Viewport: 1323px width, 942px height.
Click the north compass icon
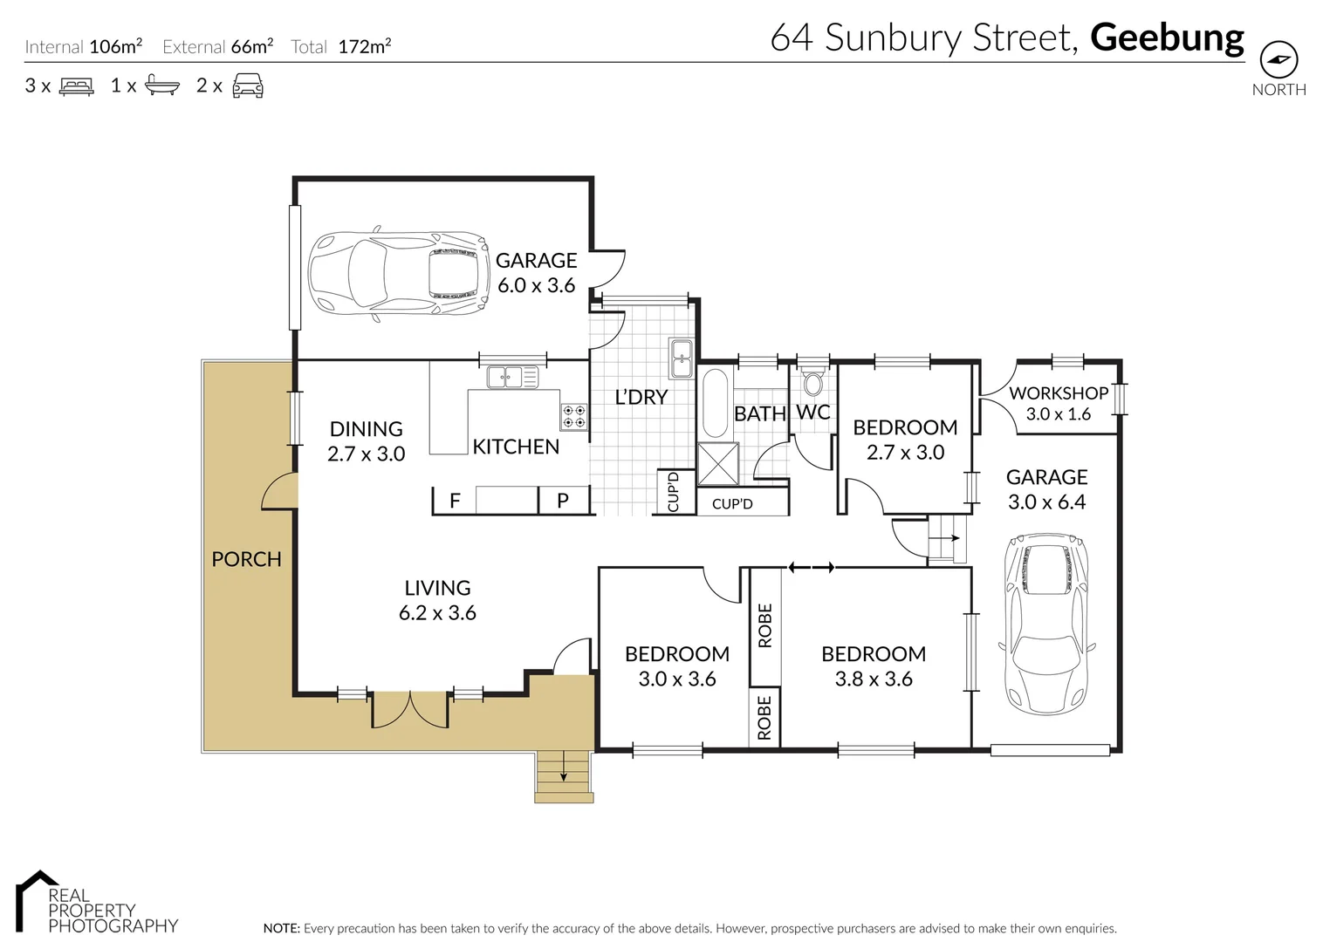(1278, 60)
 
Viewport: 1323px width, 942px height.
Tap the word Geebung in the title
(1167, 38)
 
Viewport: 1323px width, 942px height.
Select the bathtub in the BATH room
(715, 403)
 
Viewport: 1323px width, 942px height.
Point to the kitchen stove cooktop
(573, 416)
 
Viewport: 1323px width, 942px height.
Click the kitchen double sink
(512, 378)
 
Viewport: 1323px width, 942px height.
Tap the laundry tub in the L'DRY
(681, 358)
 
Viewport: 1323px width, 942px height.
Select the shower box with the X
(718, 463)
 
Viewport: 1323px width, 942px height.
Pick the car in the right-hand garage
(1045, 623)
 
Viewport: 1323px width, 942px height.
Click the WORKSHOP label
(1058, 393)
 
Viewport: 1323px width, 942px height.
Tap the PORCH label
(246, 559)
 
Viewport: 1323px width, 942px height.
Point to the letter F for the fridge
(455, 501)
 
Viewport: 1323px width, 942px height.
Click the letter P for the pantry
(563, 501)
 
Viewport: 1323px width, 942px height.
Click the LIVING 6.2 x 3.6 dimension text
(437, 613)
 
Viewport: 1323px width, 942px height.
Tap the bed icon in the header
(76, 86)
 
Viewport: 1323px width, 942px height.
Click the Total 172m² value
(364, 47)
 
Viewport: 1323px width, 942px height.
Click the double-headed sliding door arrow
(812, 568)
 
